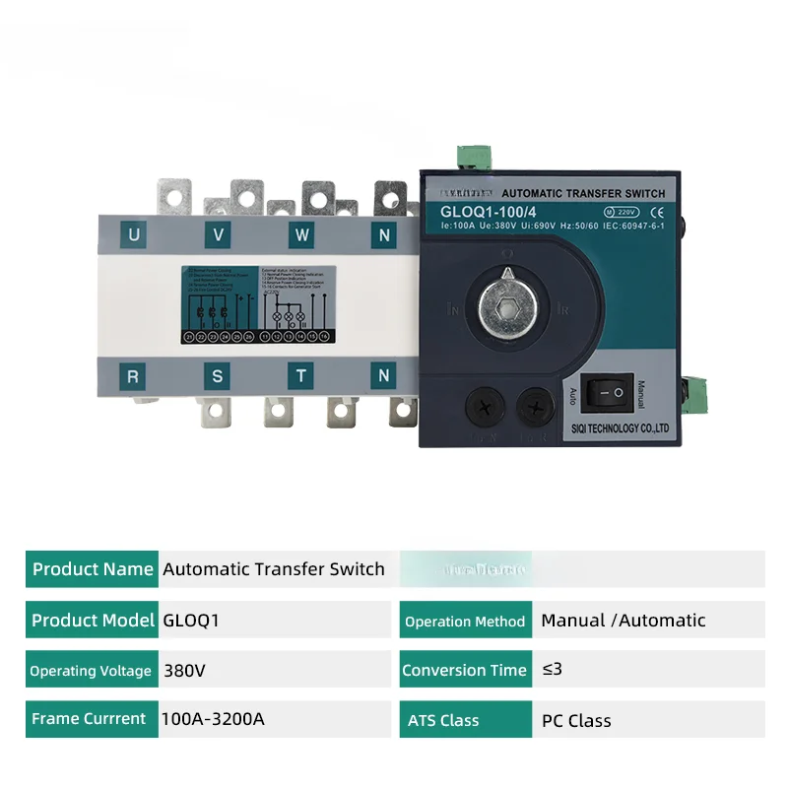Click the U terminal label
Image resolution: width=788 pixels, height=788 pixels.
point(134,234)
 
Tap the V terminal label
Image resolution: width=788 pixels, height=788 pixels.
point(218,234)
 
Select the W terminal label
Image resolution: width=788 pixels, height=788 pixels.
point(301,234)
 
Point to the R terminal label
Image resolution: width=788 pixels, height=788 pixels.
point(134,375)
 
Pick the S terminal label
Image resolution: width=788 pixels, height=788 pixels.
point(218,375)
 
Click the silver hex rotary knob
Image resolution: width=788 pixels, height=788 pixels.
point(506,308)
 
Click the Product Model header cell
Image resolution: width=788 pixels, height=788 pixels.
point(93,621)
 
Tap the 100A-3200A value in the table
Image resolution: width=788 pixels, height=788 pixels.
point(213,719)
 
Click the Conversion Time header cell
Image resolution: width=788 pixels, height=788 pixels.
point(464,670)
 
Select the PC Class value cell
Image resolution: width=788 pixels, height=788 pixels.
point(576,720)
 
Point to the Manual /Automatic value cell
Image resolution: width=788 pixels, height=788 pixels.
point(624,621)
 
